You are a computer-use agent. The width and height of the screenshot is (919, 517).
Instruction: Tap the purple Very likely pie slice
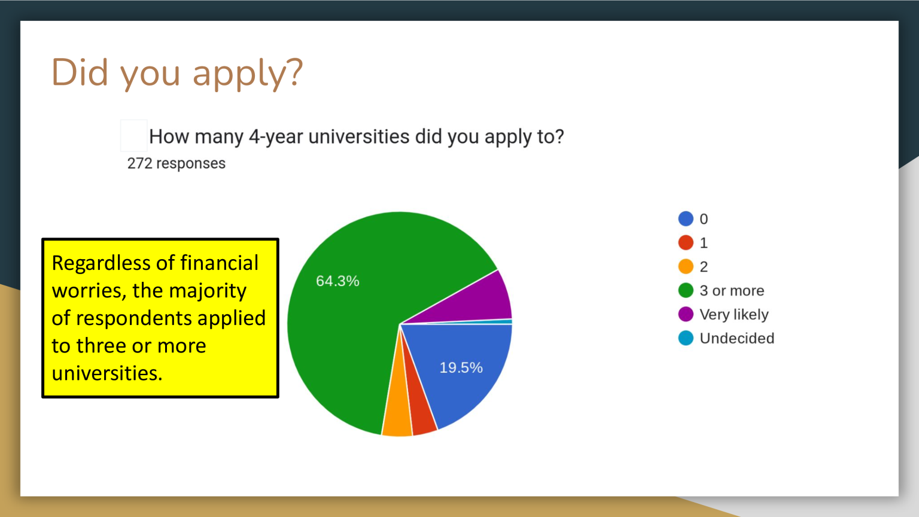click(x=484, y=302)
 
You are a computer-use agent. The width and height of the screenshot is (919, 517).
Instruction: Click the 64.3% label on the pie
click(x=337, y=281)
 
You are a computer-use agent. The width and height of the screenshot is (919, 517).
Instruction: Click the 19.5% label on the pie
click(x=461, y=367)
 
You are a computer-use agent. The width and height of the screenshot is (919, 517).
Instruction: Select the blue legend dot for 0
click(x=686, y=218)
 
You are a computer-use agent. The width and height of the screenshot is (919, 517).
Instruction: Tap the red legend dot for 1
click(x=686, y=242)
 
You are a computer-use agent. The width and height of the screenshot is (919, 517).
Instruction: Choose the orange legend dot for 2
click(x=686, y=266)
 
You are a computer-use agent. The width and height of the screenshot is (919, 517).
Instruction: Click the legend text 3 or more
click(x=732, y=290)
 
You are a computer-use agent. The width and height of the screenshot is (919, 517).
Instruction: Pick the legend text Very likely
click(x=734, y=315)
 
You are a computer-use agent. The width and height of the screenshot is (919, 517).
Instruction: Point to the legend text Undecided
click(x=737, y=338)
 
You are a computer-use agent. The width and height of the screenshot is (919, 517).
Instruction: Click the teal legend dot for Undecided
click(x=686, y=338)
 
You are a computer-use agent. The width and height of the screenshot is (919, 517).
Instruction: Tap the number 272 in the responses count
click(x=139, y=163)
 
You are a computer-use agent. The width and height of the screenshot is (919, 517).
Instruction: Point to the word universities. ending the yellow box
click(x=107, y=373)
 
